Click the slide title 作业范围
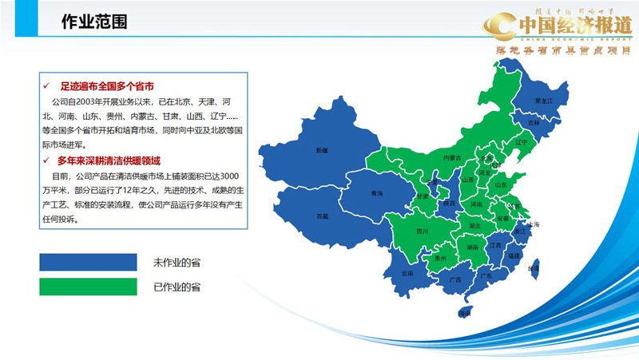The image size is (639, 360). [94, 22]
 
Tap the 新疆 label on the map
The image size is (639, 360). [322, 150]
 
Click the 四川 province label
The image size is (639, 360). [423, 231]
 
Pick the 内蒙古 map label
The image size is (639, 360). [453, 157]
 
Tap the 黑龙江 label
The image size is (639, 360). [543, 100]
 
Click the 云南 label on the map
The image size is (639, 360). [408, 273]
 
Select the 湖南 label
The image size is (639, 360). [472, 247]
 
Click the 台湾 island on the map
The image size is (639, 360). [534, 269]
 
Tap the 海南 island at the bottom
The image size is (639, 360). [464, 312]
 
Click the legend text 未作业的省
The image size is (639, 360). [177, 263]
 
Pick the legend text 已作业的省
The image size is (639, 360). [177, 286]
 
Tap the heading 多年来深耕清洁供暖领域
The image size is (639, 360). [115, 161]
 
